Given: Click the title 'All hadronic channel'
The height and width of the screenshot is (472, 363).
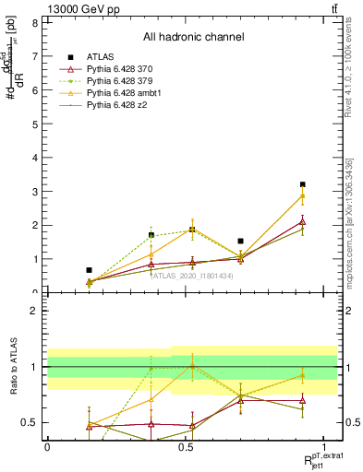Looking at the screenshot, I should coord(193,38).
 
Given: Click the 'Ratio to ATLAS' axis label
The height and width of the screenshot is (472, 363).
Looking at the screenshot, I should coord(13,366).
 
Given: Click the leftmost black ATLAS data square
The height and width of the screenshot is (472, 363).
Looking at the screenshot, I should coord(89,270).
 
